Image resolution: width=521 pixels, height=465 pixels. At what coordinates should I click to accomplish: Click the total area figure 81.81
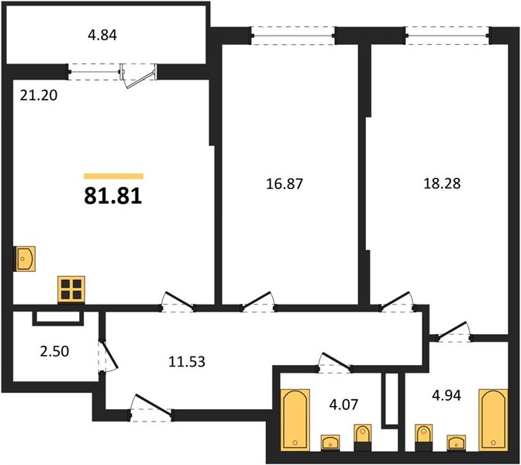(113, 196)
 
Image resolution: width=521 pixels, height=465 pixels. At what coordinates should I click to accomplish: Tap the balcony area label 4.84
(102, 35)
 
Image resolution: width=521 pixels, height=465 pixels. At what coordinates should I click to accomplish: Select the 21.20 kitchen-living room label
(39, 95)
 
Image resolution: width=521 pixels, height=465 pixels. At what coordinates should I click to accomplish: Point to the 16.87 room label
(285, 184)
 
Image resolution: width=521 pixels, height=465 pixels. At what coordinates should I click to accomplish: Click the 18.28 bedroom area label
(442, 184)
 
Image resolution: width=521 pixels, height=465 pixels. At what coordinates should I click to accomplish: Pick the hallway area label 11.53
(187, 361)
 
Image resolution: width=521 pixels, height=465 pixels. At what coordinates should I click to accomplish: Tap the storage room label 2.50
(54, 351)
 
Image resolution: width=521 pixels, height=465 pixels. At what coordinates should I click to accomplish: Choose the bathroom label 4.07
(344, 405)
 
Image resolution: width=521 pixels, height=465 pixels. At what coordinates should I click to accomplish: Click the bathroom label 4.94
(447, 395)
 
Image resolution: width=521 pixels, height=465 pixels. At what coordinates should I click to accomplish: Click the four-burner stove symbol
(71, 289)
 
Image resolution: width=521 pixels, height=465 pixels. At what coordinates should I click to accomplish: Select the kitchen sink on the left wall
(24, 258)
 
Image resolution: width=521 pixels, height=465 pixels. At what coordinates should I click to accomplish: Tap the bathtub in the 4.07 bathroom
(295, 420)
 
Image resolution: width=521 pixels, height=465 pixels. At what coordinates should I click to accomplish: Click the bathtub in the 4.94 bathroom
(493, 420)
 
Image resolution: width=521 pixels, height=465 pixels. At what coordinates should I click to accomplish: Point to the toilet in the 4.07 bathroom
(363, 438)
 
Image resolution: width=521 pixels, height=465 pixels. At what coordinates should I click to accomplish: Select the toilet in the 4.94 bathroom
(423, 438)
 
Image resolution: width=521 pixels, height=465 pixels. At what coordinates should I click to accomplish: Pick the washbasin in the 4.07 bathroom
(330, 443)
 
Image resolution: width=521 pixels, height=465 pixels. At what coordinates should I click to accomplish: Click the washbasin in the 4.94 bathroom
(456, 443)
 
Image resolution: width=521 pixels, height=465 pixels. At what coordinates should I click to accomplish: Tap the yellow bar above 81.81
(113, 176)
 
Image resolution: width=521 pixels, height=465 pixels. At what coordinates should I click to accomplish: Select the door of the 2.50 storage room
(108, 356)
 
